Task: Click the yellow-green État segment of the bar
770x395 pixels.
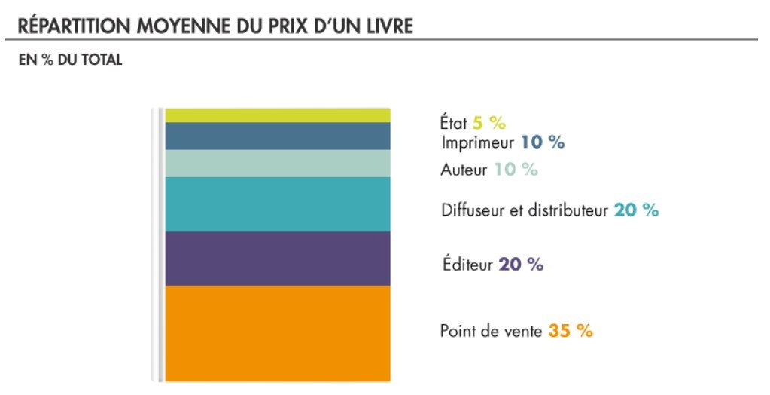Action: [277, 115]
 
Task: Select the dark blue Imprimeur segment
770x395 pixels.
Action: [277, 136]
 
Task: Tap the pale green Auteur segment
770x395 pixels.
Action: [277, 163]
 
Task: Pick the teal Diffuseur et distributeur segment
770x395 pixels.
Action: [277, 204]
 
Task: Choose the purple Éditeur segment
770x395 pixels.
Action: [277, 258]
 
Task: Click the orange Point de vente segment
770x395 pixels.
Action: [277, 333]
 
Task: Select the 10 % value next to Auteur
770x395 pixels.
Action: [516, 170]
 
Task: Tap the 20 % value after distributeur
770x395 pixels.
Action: [636, 210]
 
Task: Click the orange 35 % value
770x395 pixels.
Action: [570, 331]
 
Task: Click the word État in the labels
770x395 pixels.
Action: [454, 123]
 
